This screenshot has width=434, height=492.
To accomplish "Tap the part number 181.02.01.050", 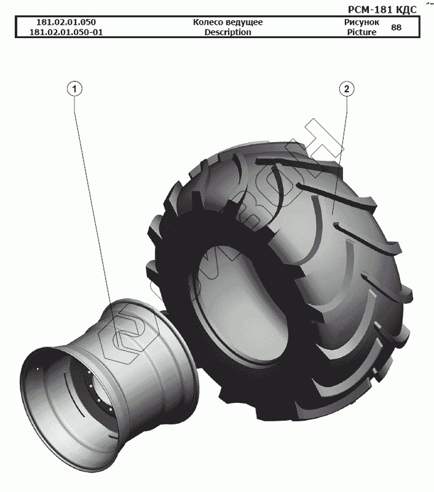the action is point(66,22).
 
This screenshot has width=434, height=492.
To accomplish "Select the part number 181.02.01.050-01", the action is point(66,33).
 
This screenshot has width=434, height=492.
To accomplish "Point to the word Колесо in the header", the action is point(208,22).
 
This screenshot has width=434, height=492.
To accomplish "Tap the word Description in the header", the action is point(227,33).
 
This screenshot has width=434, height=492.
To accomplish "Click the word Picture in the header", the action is point(361,33).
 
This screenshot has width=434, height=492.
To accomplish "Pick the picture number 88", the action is point(397,28).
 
